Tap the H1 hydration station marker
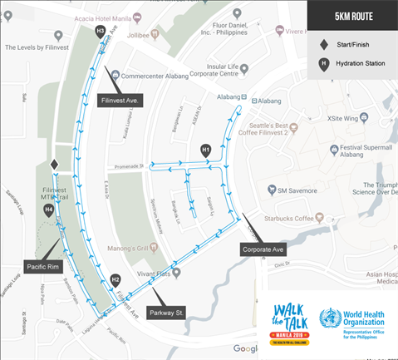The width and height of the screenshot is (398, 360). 206,150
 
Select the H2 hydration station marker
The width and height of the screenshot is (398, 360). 115,280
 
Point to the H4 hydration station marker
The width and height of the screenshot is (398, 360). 49,211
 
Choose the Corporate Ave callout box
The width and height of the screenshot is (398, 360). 263,249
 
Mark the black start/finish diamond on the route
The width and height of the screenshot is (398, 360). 54,165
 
